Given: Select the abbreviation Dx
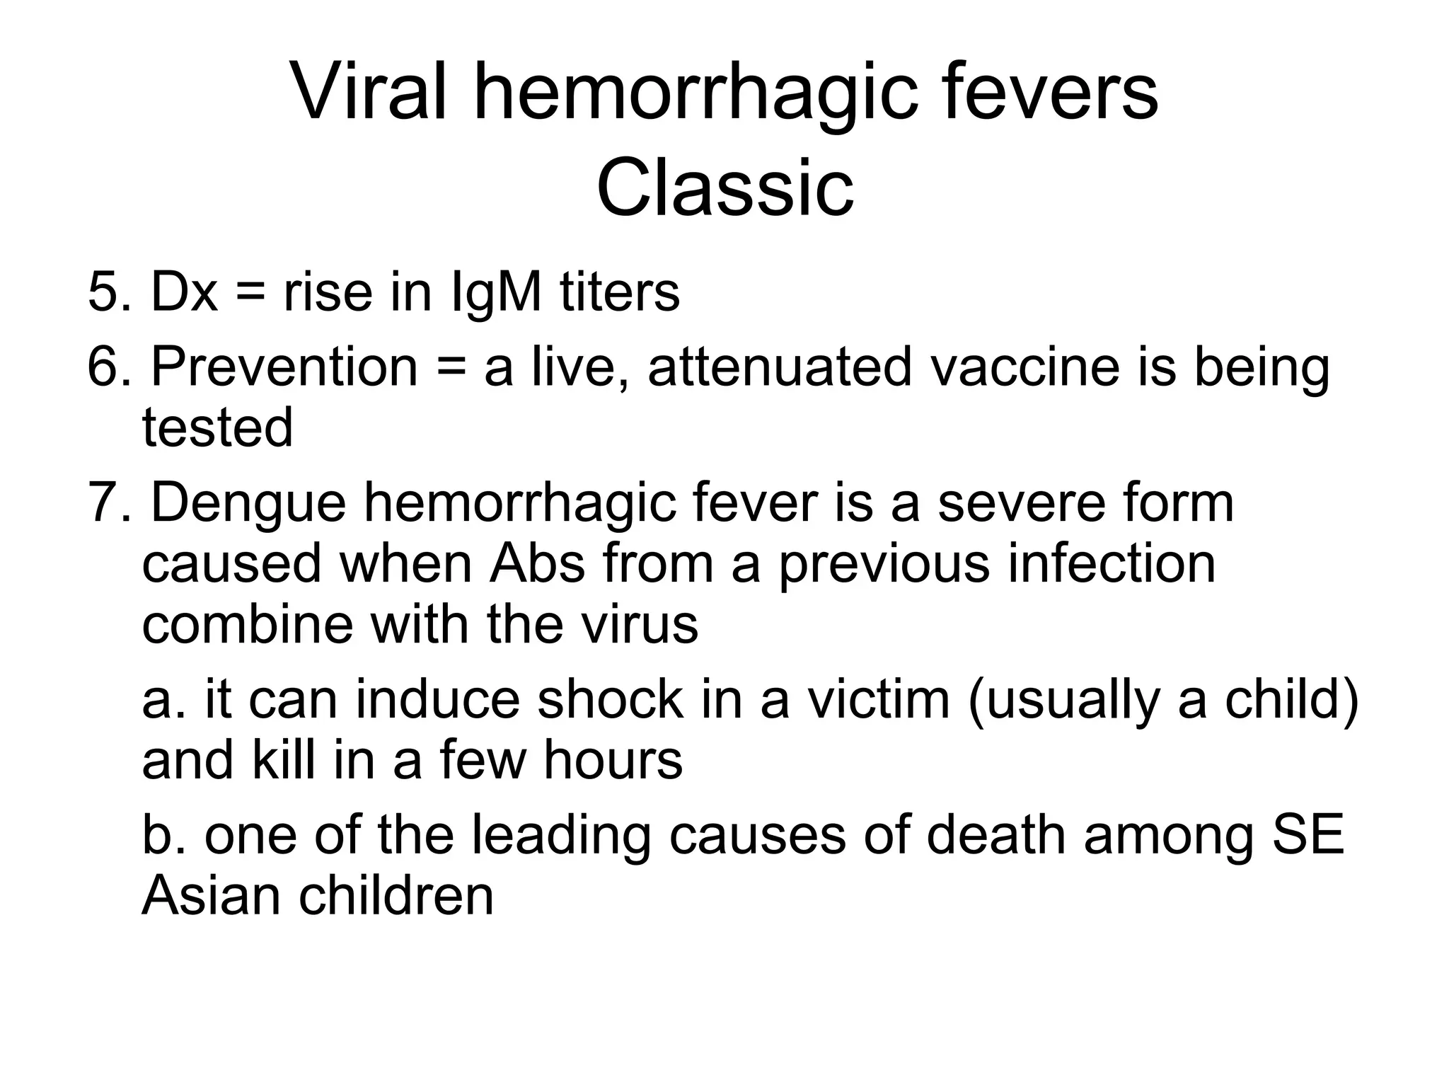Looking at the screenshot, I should pyautogui.click(x=184, y=292).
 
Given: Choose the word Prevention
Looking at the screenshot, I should pyautogui.click(x=284, y=367).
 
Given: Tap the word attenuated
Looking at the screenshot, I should pyautogui.click(x=780, y=367).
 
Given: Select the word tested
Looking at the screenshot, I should pyautogui.click(x=217, y=427).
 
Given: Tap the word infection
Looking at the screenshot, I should pyautogui.click(x=1111, y=564).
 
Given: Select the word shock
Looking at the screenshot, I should pyautogui.click(x=611, y=699).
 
